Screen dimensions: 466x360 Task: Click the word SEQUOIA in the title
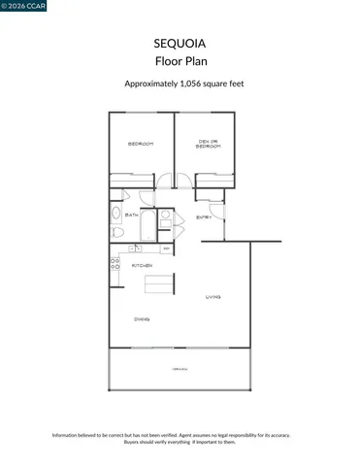(180, 44)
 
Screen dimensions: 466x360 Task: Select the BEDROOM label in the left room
(142, 145)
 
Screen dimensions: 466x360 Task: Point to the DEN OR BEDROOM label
(209, 144)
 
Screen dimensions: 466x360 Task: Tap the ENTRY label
(204, 217)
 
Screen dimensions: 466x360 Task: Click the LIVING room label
(213, 297)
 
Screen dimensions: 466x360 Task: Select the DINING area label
(142, 318)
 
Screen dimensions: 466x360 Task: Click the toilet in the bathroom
(117, 234)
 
